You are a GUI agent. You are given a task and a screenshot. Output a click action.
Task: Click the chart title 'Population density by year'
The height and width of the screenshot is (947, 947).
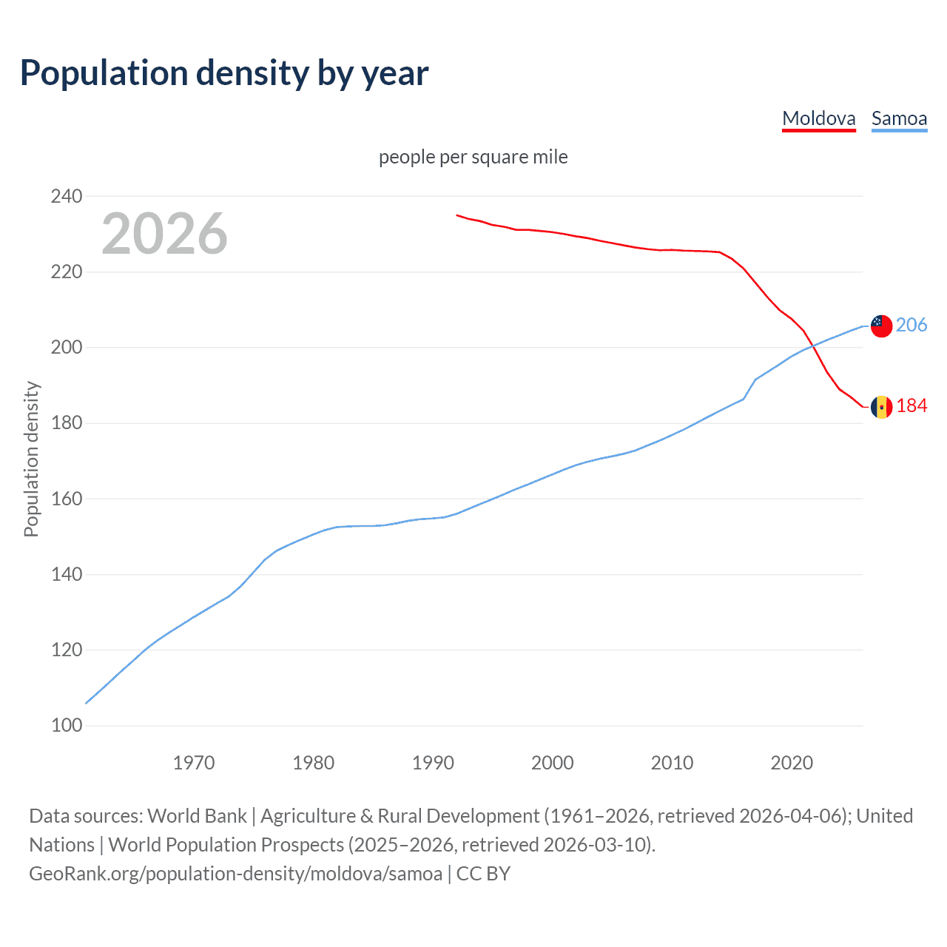(x=224, y=73)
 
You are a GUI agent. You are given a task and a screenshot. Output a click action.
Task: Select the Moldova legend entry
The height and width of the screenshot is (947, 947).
(x=818, y=118)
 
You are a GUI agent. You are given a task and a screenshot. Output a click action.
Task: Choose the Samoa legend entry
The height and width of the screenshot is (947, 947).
(x=899, y=118)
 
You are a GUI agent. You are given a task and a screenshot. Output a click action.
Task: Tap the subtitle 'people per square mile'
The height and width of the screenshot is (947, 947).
(x=473, y=158)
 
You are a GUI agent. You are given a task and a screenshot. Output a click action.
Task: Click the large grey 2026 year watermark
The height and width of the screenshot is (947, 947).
(x=164, y=234)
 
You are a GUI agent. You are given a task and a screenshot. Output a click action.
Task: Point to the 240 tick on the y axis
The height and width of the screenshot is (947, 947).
(x=67, y=197)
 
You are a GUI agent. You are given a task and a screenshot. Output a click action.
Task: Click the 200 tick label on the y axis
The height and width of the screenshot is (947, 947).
(x=67, y=348)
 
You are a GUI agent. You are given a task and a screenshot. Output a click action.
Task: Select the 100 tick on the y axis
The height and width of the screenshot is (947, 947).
(x=67, y=726)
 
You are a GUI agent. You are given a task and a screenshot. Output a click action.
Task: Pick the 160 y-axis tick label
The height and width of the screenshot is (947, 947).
(x=67, y=499)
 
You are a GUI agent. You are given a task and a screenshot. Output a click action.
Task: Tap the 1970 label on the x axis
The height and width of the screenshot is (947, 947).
(x=194, y=763)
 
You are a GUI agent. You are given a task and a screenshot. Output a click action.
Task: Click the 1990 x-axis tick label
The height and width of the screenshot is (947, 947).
(x=433, y=763)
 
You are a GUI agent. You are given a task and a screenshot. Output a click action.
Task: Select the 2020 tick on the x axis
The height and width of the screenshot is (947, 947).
(x=792, y=763)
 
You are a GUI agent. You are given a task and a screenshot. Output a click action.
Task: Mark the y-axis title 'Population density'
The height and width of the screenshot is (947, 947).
(x=31, y=459)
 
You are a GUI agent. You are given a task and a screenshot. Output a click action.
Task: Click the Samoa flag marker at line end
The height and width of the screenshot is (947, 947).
(x=881, y=326)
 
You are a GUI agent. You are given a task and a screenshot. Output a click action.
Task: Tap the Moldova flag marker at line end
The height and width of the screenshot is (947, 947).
(x=881, y=407)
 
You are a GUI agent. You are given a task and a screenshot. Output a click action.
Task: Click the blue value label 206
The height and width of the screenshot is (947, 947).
(x=911, y=326)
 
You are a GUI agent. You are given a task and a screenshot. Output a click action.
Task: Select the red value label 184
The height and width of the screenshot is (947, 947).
(x=911, y=406)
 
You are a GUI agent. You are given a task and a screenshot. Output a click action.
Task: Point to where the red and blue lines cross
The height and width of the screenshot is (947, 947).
(x=812, y=346)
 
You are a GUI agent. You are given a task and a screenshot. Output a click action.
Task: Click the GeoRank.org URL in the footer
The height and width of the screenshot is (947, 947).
(x=235, y=874)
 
